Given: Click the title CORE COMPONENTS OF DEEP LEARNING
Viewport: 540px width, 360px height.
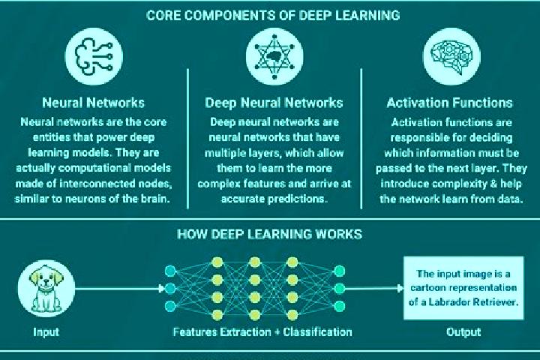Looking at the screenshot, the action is tap(273, 16).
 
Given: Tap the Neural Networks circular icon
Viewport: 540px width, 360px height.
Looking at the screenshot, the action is tap(94, 56).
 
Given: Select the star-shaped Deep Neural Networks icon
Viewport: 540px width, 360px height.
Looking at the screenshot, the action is tap(274, 56).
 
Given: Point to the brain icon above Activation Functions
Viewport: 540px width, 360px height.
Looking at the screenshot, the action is tap(451, 56).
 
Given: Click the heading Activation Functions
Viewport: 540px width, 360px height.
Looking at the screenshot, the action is tap(449, 103).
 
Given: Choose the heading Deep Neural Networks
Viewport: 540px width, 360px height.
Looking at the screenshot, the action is tap(274, 103).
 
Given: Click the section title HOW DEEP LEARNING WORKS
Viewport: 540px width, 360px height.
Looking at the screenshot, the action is tap(269, 234).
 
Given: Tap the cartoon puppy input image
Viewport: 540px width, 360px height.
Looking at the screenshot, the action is tap(46, 289).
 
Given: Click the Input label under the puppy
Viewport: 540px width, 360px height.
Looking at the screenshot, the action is tap(46, 331).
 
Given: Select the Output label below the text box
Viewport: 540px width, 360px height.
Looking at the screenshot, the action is tap(463, 331).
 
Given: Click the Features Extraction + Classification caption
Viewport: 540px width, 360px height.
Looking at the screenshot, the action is tap(262, 331).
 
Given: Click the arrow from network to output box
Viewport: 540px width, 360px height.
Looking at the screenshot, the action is tap(374, 288).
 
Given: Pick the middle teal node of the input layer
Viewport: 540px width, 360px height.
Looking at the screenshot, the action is tap(170, 288).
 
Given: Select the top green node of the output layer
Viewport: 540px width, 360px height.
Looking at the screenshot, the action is tap(340, 271).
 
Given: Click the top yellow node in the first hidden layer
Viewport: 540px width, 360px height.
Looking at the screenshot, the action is tap(217, 262).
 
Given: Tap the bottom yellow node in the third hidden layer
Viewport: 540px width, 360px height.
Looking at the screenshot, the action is tap(292, 314).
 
